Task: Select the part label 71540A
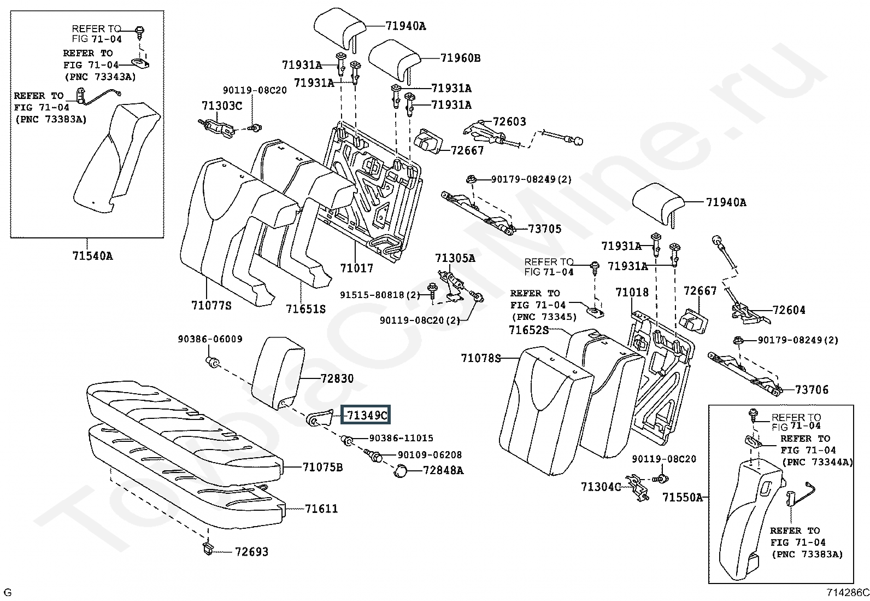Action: pyautogui.click(x=92, y=256)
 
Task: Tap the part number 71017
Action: pyautogui.click(x=356, y=268)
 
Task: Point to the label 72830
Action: pyautogui.click(x=337, y=378)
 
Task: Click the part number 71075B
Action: pyautogui.click(x=323, y=467)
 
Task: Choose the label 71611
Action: pyautogui.click(x=321, y=509)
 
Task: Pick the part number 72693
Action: pyautogui.click(x=252, y=552)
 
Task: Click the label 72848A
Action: pyautogui.click(x=443, y=470)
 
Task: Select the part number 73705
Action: pyautogui.click(x=544, y=229)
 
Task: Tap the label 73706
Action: pyautogui.click(x=812, y=389)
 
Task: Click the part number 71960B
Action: pyautogui.click(x=460, y=58)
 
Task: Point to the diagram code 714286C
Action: pyautogui.click(x=848, y=592)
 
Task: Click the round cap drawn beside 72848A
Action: pyautogui.click(x=401, y=471)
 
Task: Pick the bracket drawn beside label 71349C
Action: pyautogui.click(x=320, y=417)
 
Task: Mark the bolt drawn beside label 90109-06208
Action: pyautogui.click(x=372, y=455)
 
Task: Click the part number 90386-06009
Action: pyautogui.click(x=210, y=339)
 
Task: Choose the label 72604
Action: pyautogui.click(x=789, y=310)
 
